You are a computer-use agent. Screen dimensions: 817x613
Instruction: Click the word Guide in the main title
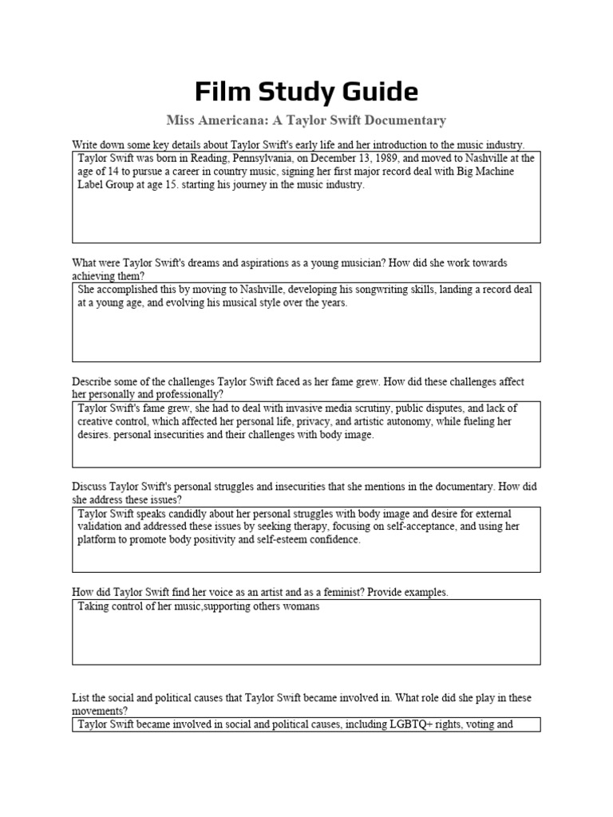click(x=375, y=92)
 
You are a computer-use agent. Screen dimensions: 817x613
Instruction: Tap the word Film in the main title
click(x=225, y=92)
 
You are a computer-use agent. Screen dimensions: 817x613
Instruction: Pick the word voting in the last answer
click(x=477, y=725)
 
